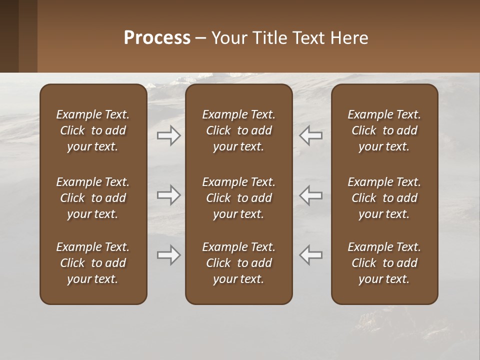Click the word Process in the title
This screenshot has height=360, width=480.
[157, 37]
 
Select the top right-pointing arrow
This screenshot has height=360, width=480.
[168, 135]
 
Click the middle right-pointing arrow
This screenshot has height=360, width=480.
[168, 195]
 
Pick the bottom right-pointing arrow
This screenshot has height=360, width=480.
[168, 255]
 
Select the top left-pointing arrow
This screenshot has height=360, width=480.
[311, 135]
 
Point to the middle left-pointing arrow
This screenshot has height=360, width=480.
[311, 195]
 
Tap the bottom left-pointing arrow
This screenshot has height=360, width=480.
[311, 255]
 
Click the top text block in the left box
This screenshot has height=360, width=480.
[92, 130]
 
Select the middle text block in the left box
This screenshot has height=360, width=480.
[92, 198]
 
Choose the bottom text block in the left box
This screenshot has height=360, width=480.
[92, 263]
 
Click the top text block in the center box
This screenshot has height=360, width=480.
[238, 130]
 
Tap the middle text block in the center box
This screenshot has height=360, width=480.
[238, 198]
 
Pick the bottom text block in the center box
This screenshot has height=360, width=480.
[238, 263]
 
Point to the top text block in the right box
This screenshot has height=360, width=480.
[384, 130]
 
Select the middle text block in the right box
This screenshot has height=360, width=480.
[384, 198]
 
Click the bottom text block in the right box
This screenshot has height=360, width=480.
[384, 263]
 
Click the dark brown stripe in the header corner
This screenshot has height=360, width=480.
[9, 36]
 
